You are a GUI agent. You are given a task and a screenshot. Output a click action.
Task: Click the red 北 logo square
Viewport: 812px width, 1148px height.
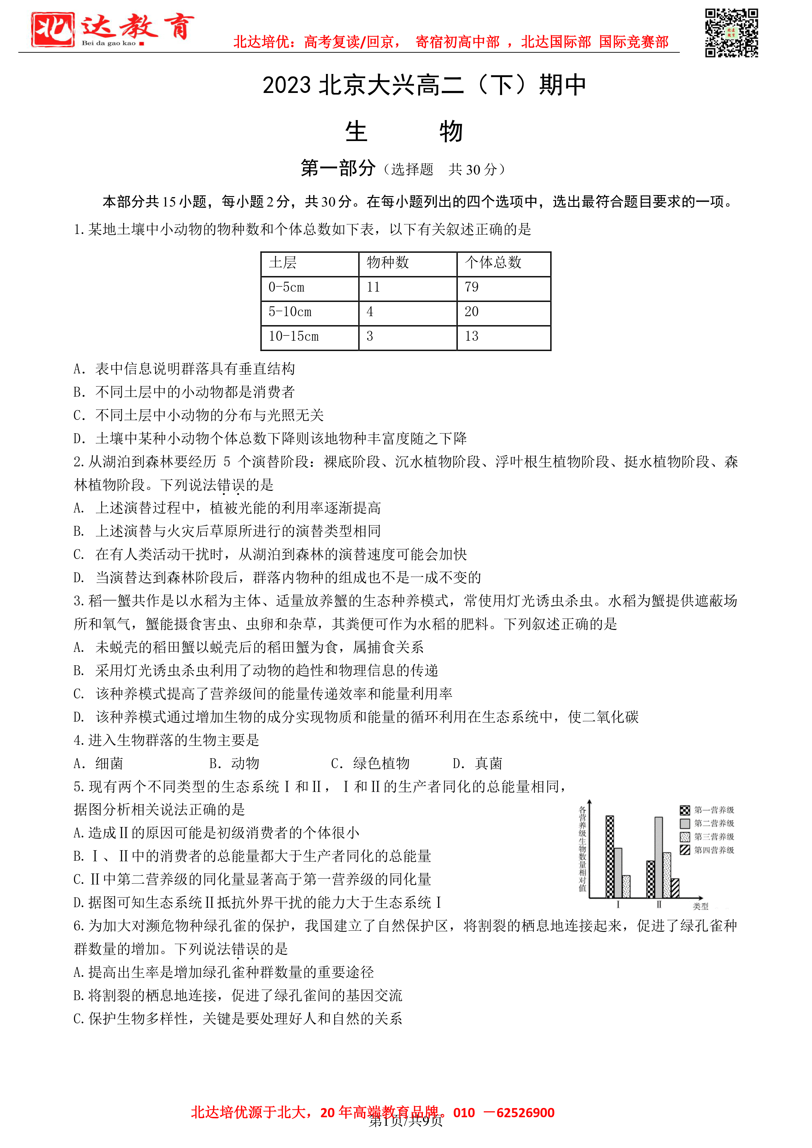coord(52,29)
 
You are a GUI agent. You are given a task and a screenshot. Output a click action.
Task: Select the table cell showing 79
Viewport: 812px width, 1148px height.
coord(472,287)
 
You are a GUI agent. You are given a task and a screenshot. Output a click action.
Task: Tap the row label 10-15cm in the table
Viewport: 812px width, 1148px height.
coord(294,336)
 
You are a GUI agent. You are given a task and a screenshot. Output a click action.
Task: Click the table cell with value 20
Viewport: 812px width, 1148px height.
coord(472,312)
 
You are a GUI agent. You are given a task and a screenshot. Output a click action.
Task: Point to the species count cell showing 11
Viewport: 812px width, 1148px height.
coord(373,287)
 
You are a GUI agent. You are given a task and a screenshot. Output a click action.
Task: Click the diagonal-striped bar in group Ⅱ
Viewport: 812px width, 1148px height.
coord(675,888)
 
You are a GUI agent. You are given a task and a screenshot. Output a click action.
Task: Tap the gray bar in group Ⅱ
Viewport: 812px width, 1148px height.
coord(659,857)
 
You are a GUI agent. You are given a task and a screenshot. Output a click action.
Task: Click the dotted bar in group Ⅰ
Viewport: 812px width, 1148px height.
coord(626,886)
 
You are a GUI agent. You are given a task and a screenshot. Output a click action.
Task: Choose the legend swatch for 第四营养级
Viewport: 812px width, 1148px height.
coord(684,850)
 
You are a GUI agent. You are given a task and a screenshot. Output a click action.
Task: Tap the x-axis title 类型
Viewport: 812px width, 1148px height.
coord(700,906)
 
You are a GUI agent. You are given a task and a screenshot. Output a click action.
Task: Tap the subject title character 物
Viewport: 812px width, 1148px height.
coord(450,132)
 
